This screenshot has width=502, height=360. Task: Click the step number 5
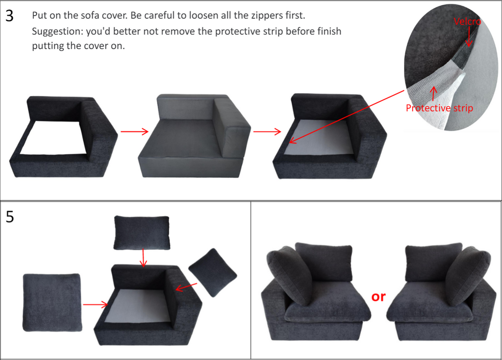click(9, 216)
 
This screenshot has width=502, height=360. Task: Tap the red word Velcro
click(467, 22)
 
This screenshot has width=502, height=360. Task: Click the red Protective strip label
click(439, 108)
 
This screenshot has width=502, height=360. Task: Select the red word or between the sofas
click(378, 297)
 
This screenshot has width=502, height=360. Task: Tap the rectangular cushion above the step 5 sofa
click(142, 233)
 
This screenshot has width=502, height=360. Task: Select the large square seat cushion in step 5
click(52, 302)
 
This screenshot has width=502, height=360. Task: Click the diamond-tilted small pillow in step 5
click(212, 272)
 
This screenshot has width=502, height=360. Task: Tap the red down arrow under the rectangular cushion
click(142, 258)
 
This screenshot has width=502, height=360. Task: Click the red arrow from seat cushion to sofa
click(95, 305)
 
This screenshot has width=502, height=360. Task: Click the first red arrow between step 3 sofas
click(134, 131)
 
